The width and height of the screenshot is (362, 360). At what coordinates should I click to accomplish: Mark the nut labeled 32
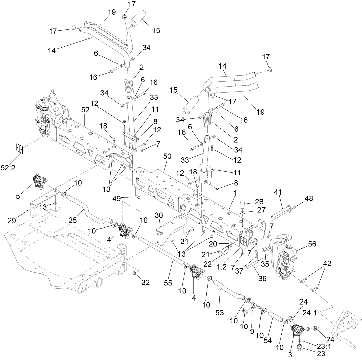pos(134,272)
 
